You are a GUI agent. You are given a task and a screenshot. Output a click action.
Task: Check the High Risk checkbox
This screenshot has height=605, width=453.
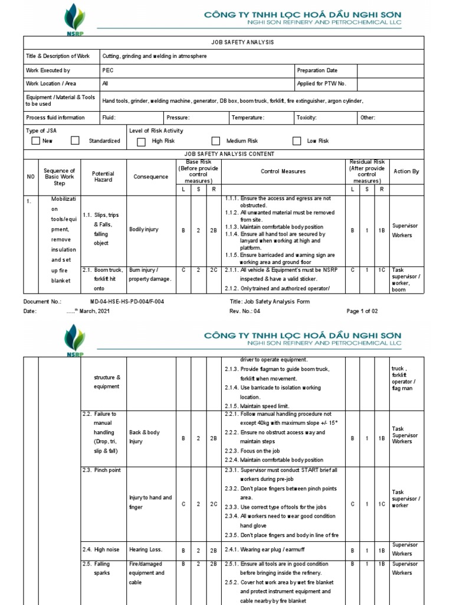141,141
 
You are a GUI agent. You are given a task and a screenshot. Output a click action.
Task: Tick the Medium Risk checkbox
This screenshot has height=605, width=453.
216,141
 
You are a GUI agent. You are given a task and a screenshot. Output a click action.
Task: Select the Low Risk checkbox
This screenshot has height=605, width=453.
297,141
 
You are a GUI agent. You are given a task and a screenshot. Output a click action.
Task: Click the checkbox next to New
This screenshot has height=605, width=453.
35,141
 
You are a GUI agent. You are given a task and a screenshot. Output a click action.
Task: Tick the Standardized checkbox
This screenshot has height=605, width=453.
75,141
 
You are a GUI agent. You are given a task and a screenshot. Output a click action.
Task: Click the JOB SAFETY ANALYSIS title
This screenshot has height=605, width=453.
234,43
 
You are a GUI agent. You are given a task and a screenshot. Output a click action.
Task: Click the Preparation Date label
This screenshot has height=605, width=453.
317,70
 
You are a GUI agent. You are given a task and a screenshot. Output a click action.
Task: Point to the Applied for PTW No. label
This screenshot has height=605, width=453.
321,84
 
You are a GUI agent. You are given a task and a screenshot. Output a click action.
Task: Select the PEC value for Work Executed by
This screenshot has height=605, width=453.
108,70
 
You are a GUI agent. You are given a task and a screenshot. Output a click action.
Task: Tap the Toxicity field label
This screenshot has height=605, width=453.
307,118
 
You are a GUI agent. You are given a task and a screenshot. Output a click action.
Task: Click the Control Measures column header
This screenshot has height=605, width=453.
283,171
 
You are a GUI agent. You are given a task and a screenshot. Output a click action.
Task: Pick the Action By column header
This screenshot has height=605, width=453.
406,171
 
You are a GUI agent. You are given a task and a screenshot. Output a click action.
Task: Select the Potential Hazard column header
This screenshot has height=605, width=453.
103,176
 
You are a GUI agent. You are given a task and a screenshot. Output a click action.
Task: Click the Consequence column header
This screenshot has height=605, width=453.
150,177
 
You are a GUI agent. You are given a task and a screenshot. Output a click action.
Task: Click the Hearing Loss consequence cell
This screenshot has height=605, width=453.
146,549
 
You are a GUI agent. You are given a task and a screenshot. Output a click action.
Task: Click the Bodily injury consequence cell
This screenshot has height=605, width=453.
144,229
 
